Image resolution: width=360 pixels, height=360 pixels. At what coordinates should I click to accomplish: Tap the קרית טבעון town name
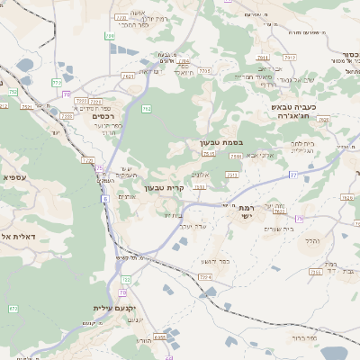pyautogui.click(x=189, y=188)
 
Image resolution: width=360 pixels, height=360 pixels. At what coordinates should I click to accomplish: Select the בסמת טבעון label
pyautogui.click(x=221, y=142)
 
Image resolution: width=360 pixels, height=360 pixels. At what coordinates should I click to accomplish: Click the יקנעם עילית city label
pyautogui.click(x=114, y=308)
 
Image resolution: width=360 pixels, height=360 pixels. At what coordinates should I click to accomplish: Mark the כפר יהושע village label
pyautogui.click(x=216, y=261)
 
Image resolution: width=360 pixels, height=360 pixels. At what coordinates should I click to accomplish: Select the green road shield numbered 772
pyautogui.click(x=88, y=160)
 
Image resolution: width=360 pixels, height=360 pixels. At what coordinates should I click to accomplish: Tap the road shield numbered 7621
pyautogui.click(x=128, y=77)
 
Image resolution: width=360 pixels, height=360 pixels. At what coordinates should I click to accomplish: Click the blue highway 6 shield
pyautogui.click(x=105, y=198)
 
